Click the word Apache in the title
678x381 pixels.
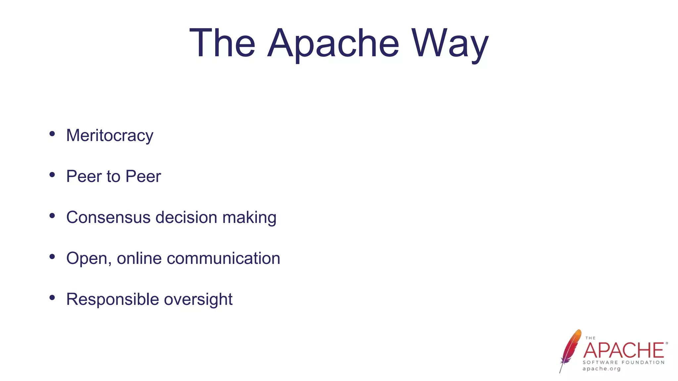(x=333, y=44)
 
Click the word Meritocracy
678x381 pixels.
(x=110, y=136)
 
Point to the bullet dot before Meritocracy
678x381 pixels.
(x=52, y=134)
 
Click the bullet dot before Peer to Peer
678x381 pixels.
(x=52, y=175)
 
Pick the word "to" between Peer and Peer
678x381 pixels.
(x=113, y=176)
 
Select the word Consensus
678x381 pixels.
(x=108, y=217)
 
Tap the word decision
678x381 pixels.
(x=186, y=217)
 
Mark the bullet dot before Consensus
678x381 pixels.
(x=52, y=216)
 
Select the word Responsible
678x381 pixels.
(x=113, y=299)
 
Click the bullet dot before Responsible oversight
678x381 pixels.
(x=52, y=298)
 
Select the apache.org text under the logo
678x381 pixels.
(x=602, y=369)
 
